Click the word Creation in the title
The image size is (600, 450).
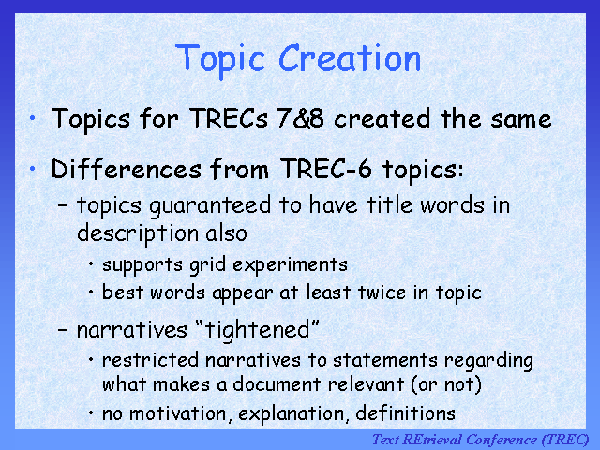[x=350, y=58]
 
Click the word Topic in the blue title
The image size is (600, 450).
[x=220, y=61]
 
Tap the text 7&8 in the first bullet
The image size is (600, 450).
[x=300, y=118]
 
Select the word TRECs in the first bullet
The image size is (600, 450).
[x=229, y=118]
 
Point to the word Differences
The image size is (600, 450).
[x=127, y=169]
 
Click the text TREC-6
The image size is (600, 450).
[x=326, y=169]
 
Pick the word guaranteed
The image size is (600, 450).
[x=210, y=206]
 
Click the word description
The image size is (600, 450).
[x=138, y=233]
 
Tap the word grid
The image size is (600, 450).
[x=208, y=265]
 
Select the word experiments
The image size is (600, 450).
[x=290, y=265]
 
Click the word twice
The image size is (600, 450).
[x=382, y=292]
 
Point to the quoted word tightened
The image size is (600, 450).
[x=257, y=329]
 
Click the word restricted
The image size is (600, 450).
[x=150, y=360]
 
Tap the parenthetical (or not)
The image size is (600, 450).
[x=446, y=384]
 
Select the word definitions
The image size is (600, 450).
[x=405, y=413]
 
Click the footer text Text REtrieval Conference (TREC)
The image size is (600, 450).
[x=481, y=440]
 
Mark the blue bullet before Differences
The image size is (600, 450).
[x=33, y=169]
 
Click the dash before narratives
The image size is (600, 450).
[x=63, y=329]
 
